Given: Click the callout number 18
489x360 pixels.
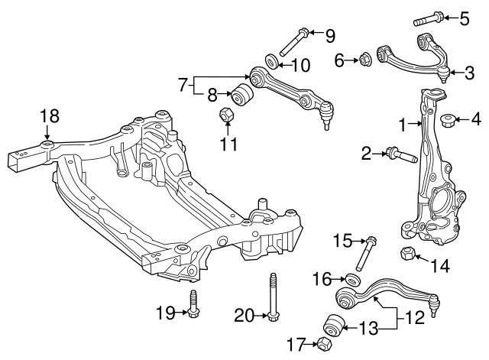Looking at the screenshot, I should (50, 116).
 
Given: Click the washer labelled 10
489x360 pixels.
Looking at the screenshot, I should (271, 60).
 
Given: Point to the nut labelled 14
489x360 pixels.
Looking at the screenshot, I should (408, 254).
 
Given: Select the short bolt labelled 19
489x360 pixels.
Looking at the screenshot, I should (193, 305).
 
